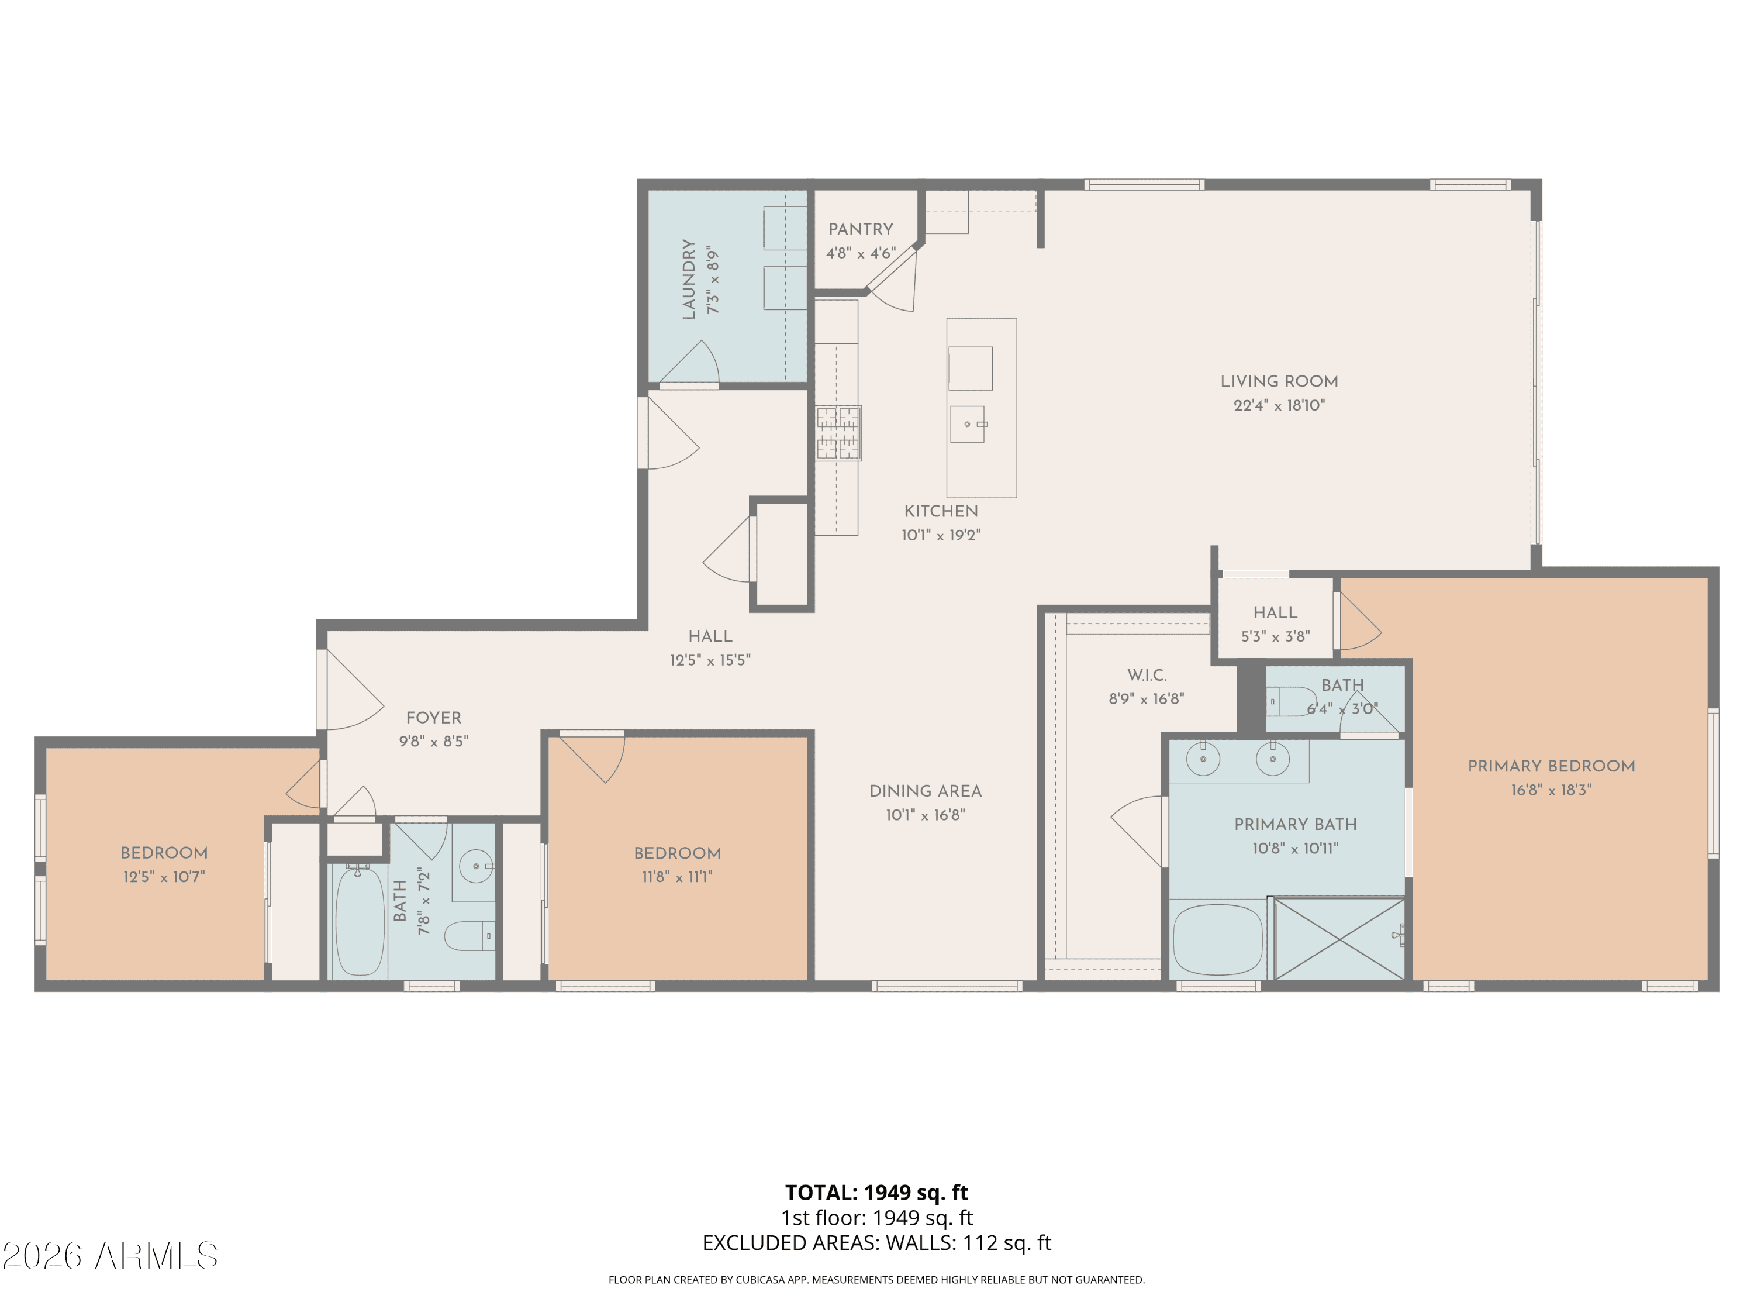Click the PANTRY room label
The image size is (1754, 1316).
[x=861, y=229]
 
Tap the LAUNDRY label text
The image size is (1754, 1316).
[x=688, y=279]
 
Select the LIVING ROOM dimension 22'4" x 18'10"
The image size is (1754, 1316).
[x=1279, y=405]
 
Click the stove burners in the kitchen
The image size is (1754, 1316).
[x=838, y=433]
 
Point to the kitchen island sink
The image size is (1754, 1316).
[x=968, y=425]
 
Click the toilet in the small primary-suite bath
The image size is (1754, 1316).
[x=1290, y=701]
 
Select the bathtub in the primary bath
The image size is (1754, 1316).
[x=1218, y=940]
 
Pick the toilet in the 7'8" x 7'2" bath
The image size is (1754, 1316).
[x=469, y=936]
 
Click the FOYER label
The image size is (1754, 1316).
[x=434, y=718]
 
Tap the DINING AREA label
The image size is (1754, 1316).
[x=926, y=791]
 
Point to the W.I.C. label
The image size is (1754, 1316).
[x=1147, y=675]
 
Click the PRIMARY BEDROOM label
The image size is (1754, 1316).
[x=1551, y=766]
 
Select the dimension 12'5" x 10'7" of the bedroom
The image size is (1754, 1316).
[x=164, y=877]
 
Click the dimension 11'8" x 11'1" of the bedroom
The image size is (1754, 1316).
[x=677, y=877]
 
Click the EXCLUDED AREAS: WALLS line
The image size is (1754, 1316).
[x=876, y=1243]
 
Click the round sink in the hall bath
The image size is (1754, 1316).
[x=477, y=866]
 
